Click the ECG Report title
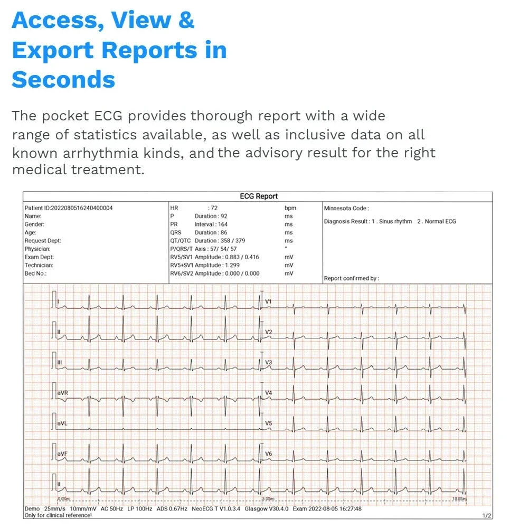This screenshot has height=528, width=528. [x=259, y=196]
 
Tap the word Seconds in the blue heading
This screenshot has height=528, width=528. [x=63, y=80]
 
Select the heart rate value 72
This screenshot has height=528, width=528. [x=214, y=208]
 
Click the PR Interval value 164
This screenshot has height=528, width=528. [x=223, y=224]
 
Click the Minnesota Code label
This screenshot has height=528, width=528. [x=346, y=209]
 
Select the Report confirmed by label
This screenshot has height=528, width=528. [x=351, y=278]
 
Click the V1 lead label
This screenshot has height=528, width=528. [x=268, y=302]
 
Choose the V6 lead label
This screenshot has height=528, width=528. [x=268, y=454]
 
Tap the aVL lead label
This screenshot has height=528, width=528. [x=62, y=423]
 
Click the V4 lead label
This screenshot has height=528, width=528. [x=268, y=393]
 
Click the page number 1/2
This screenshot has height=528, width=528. [x=486, y=515]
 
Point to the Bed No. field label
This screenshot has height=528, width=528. [x=36, y=274]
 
